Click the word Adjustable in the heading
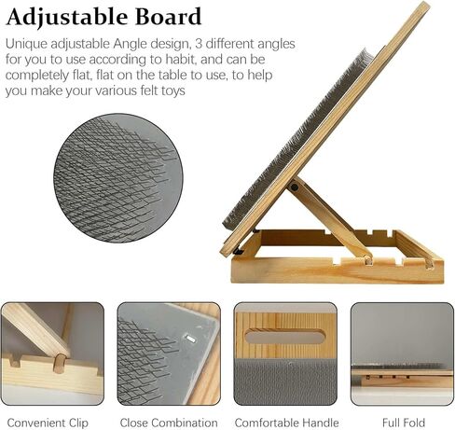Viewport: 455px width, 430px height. (x=67, y=18)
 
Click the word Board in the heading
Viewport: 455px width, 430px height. (x=168, y=17)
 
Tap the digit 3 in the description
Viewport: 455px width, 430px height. (x=199, y=44)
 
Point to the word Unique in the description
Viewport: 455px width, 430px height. (x=26, y=45)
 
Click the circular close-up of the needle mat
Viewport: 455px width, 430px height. (x=118, y=178)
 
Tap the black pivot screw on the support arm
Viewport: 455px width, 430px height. (x=294, y=187)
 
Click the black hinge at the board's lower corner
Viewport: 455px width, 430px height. (x=238, y=250)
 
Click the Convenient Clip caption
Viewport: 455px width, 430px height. (x=48, y=423)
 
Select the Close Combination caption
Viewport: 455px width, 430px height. (x=169, y=423)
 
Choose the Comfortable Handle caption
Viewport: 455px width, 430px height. (x=286, y=423)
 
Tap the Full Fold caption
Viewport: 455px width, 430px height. (x=404, y=423)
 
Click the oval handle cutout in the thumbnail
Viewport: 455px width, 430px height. (x=285, y=337)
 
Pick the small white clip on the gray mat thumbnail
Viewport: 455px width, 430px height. (x=190, y=339)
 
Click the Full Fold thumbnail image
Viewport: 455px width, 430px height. (x=402, y=354)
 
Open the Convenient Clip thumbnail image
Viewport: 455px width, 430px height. (x=52, y=354)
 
